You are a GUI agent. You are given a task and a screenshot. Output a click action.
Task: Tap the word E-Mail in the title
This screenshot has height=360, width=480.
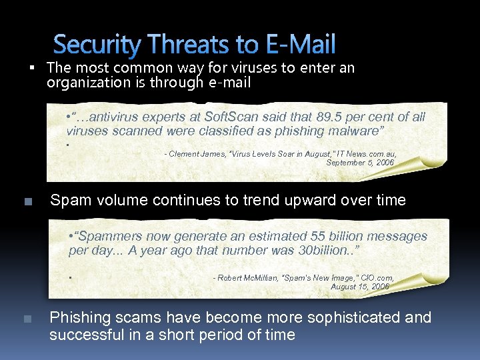tap(301, 45)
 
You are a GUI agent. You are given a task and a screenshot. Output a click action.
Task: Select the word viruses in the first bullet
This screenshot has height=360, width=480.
tap(223, 68)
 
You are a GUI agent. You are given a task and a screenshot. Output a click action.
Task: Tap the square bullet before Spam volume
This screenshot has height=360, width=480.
tap(27, 201)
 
